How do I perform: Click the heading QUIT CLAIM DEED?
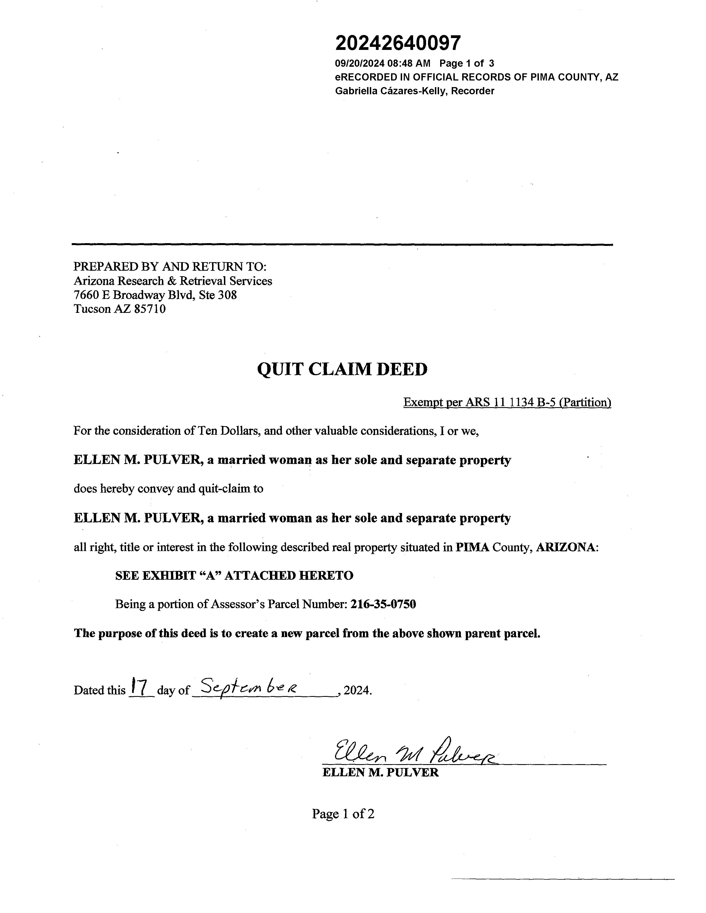(x=342, y=369)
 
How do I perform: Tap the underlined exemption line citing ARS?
(x=507, y=402)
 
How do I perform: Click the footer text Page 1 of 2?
(x=343, y=813)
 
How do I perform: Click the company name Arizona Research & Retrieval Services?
(x=173, y=281)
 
